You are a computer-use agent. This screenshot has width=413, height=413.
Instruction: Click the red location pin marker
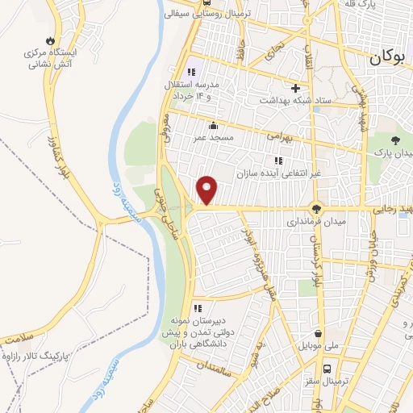(208, 190)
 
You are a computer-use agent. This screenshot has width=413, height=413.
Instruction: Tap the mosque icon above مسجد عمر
(213, 125)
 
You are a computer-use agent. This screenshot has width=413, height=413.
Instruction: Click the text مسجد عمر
(212, 138)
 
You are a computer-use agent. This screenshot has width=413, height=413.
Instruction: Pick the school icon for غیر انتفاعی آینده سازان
(278, 160)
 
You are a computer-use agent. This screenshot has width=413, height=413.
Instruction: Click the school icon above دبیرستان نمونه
(198, 307)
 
